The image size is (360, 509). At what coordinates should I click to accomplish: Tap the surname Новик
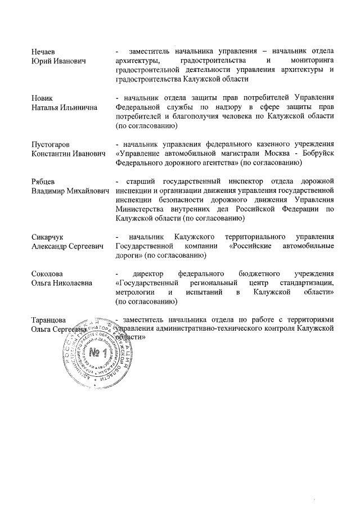tap(43, 98)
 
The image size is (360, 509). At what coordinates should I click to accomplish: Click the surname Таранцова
tap(50, 320)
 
